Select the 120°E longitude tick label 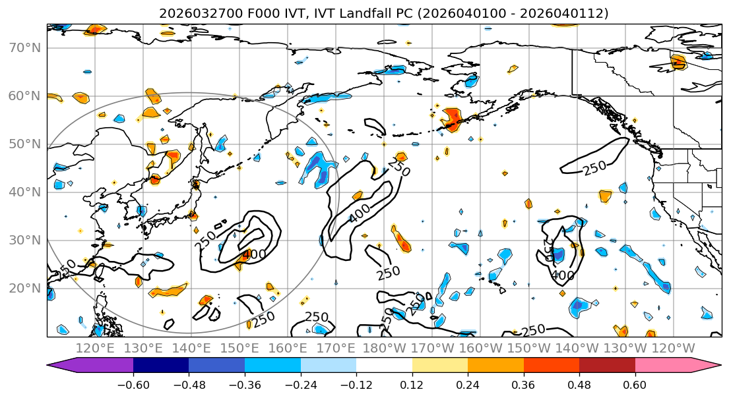pyautogui.click(x=96, y=348)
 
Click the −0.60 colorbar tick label pyautogui.click(x=133, y=385)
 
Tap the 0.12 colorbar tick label pyautogui.click(x=412, y=385)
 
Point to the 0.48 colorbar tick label pyautogui.click(x=579, y=385)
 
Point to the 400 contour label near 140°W pyautogui.click(x=563, y=275)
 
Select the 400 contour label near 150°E pyautogui.click(x=254, y=254)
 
